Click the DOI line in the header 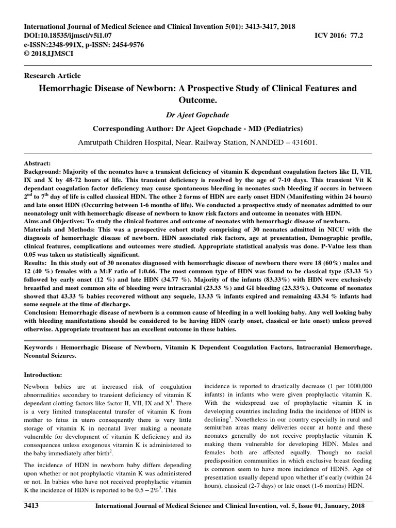click(x=72, y=35)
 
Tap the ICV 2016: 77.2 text click(x=342, y=35)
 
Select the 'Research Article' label click(x=52, y=75)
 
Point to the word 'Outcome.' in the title click(x=198, y=100)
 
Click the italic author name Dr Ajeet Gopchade click(x=198, y=115)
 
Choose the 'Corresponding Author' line click(x=197, y=128)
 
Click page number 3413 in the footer click(x=32, y=506)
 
